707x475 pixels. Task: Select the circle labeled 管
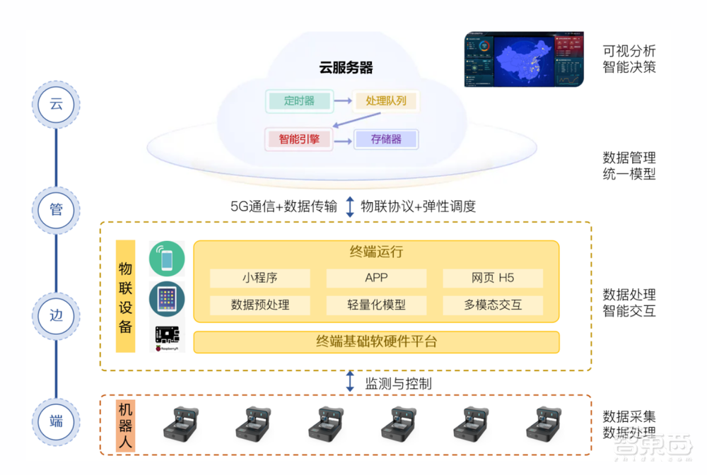coord(56,209)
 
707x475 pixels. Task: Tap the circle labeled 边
coord(56,315)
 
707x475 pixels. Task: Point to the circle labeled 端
coord(56,421)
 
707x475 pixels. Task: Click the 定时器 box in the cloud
coord(299,101)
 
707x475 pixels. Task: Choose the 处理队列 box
coord(386,101)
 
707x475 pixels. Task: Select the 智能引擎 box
coord(299,139)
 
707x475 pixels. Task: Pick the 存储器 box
coord(386,139)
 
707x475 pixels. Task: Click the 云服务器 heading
coord(346,68)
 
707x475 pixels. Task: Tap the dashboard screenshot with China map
coord(525,59)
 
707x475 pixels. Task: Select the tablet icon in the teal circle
coord(167,300)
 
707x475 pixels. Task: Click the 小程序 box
coord(259,278)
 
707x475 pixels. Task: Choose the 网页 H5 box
coord(493,278)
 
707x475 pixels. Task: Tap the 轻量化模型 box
coord(376,305)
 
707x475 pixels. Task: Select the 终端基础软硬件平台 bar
coord(376,342)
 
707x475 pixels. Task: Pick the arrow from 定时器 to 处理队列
coord(344,102)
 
